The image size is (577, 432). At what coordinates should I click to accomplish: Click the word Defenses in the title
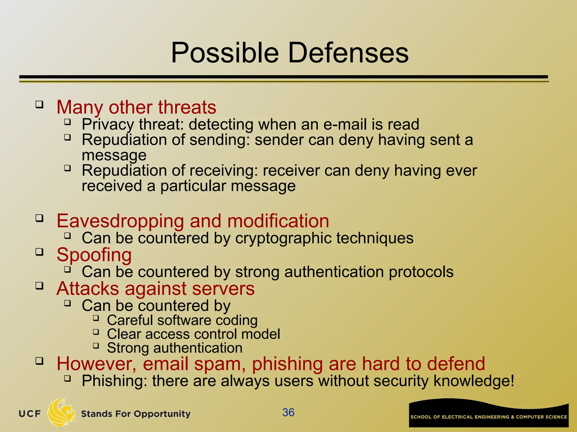point(348,53)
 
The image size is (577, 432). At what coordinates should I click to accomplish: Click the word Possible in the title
point(225,53)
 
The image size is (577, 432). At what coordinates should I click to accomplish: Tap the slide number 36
point(288,412)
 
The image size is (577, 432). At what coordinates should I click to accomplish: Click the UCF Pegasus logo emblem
point(61,412)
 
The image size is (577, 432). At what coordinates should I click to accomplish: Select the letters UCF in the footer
point(30,414)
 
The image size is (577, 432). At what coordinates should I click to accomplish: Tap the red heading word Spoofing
point(94,255)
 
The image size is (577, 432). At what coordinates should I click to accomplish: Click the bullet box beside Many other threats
point(39,105)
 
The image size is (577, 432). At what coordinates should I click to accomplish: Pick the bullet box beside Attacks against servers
point(39,286)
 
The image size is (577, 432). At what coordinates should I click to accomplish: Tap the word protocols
point(421,272)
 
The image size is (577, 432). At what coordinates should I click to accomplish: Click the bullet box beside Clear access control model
point(96,332)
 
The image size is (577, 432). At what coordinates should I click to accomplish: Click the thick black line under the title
point(283,77)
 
